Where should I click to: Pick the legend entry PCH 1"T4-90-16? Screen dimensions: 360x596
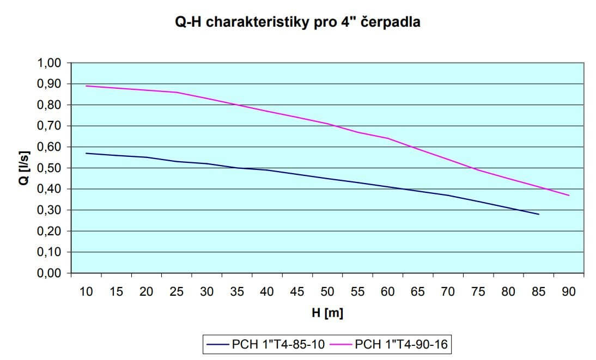pyautogui.click(x=404, y=344)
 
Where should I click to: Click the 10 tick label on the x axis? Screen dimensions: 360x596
pyautogui.click(x=86, y=292)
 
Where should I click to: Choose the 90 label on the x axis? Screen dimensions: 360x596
pyautogui.click(x=569, y=292)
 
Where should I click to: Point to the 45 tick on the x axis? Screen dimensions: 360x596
pyautogui.click(x=297, y=292)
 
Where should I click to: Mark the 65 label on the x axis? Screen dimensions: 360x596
pyautogui.click(x=418, y=292)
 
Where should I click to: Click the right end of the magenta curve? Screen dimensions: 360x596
pyautogui.click(x=569, y=195)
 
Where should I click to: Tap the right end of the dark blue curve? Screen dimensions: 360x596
pyautogui.click(x=538, y=214)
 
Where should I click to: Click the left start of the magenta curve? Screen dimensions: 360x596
pyautogui.click(x=86, y=86)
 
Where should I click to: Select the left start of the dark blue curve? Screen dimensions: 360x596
pyautogui.click(x=86, y=153)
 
